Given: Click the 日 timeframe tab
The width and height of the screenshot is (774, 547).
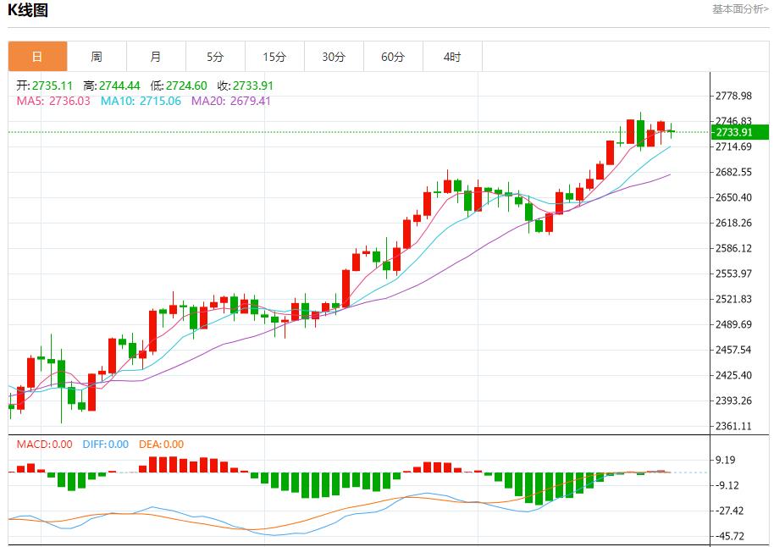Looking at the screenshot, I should pos(37,57).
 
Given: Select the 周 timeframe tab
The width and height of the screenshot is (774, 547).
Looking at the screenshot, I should pos(97,57).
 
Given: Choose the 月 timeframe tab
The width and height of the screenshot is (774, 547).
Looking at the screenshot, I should pos(156,57).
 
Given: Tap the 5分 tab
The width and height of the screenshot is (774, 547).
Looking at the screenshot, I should pos(215,57).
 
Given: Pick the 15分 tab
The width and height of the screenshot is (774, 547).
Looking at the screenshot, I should pos(274,57).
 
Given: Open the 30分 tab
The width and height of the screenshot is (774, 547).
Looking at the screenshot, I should pos(334,57).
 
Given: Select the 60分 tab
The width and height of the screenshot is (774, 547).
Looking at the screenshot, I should pos(393,57).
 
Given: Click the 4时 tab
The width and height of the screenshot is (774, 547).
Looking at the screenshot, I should pos(452,57).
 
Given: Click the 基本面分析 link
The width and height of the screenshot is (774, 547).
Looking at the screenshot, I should pos(740,9).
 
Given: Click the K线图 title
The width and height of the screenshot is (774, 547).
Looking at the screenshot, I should pos(28,11).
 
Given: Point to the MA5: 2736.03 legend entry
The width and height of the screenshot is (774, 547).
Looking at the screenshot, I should pos(53,101).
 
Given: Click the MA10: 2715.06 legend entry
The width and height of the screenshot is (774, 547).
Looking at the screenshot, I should pos(141,101).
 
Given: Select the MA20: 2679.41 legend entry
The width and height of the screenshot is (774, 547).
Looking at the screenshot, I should pos(231,101).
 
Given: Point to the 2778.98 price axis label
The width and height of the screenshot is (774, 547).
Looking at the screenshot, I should pos(733,96).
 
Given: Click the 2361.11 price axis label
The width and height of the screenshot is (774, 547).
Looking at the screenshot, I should pos(733,426).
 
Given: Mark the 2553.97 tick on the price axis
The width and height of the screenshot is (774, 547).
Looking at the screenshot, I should pos(733,273).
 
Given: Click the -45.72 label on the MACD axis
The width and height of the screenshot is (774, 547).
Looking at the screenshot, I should pos(730,536).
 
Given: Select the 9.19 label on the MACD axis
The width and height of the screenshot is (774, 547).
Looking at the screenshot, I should pos(726,460).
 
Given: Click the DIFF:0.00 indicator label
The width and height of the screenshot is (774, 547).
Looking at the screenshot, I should pos(105,444).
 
